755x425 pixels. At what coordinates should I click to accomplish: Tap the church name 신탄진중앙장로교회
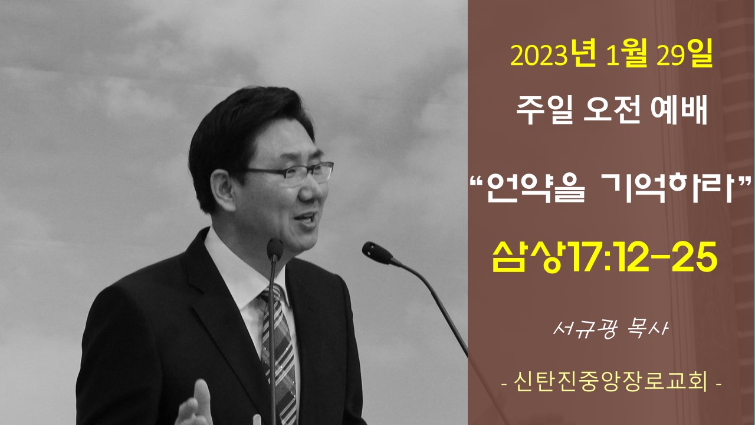coord(610,382)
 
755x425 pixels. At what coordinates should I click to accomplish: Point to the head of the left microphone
coord(275,250)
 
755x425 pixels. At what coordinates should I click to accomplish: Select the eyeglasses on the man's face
coord(290,174)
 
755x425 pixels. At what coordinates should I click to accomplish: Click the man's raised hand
coord(195,405)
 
